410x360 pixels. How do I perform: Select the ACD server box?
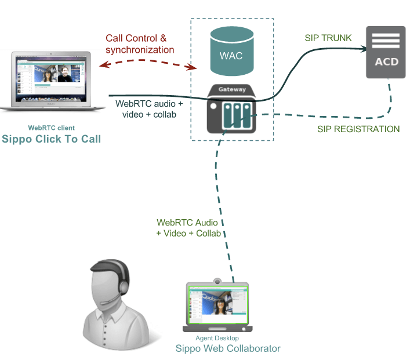pyautogui.click(x=385, y=52)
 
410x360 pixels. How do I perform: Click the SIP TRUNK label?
pyautogui.click(x=328, y=38)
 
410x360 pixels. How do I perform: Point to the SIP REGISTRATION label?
pyautogui.click(x=358, y=129)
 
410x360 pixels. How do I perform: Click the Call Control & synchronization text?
pyautogui.click(x=140, y=44)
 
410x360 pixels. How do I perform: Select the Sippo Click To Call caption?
pyautogui.click(x=52, y=139)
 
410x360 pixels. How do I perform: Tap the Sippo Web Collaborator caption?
pyautogui.click(x=228, y=348)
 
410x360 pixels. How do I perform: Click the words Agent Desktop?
pyautogui.click(x=217, y=339)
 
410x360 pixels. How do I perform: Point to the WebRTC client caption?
pyautogui.click(x=52, y=128)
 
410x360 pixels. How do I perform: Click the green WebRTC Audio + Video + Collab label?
pyautogui.click(x=188, y=228)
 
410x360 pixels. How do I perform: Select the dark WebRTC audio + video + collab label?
pyautogui.click(x=149, y=109)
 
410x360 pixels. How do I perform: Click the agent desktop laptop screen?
pyautogui.click(x=216, y=307)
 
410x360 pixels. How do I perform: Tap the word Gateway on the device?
pyautogui.click(x=232, y=89)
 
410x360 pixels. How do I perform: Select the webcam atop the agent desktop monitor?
pyautogui.click(x=217, y=281)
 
